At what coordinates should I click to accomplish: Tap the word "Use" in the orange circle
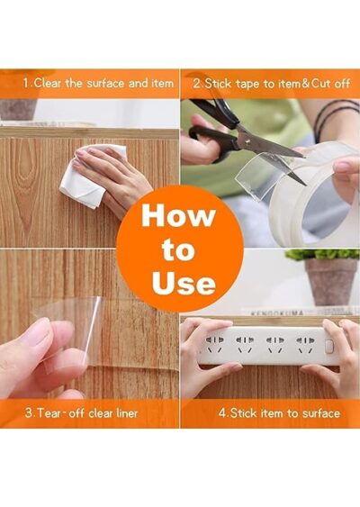tap(184, 283)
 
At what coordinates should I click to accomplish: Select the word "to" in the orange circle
tap(179, 249)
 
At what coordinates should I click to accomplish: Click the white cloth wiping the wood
tap(92, 177)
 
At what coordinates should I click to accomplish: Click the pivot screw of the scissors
tap(248, 141)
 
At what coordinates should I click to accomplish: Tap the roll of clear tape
tap(310, 194)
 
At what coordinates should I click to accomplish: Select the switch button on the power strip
tap(329, 347)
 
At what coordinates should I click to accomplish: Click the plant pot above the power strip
tap(330, 282)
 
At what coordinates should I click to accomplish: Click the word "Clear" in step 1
tap(47, 84)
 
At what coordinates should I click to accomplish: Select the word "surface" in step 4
tap(321, 413)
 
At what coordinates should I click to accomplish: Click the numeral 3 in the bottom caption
tap(29, 413)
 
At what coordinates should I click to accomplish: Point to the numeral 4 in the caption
tap(222, 413)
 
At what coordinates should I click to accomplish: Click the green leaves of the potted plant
tap(322, 255)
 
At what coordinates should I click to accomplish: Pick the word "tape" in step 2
tap(248, 84)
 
